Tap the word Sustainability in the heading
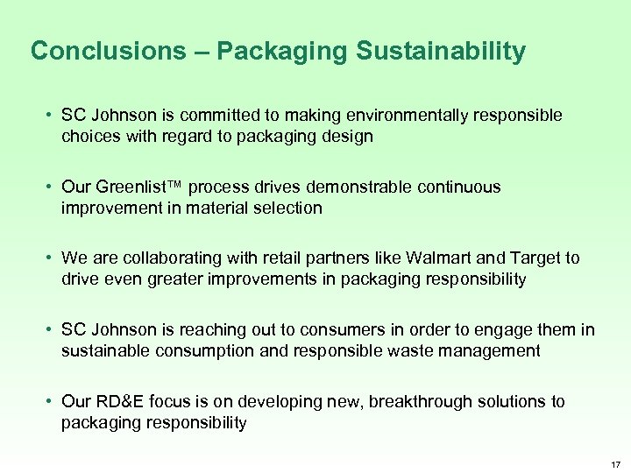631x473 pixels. [x=441, y=52]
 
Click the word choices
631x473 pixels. [x=89, y=137]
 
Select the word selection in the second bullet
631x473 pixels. [x=289, y=208]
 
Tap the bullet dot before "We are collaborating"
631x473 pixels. [x=53, y=258]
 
